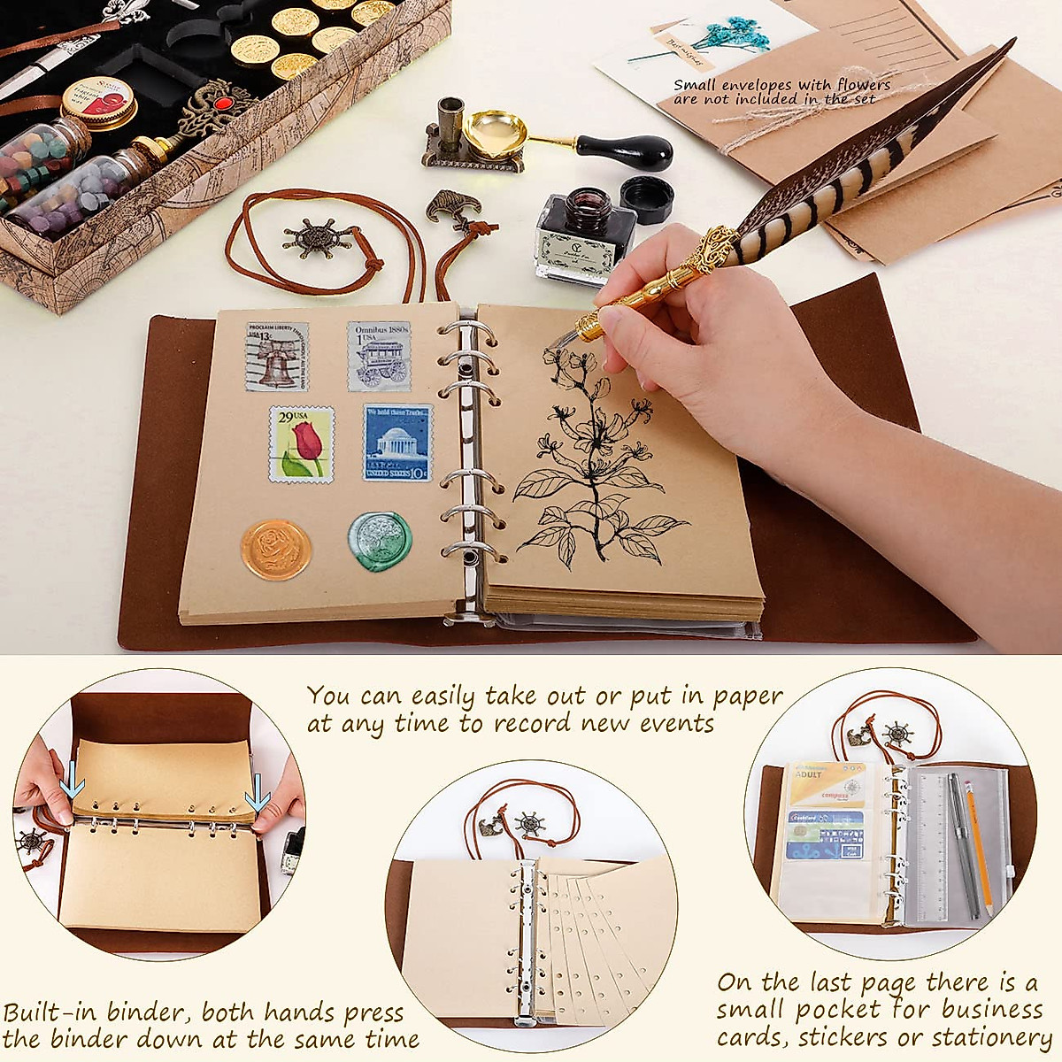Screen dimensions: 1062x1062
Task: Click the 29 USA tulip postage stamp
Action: coord(301,444)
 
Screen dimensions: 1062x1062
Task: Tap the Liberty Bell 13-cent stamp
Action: coord(277,357)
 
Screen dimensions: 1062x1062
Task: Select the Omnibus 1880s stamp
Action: coord(379,357)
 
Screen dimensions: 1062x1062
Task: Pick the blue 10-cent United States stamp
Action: coord(397,443)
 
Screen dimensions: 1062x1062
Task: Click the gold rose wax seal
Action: coord(276,549)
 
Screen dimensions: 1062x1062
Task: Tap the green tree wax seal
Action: coord(380,543)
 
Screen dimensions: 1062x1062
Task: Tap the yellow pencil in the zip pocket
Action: coord(978,850)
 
